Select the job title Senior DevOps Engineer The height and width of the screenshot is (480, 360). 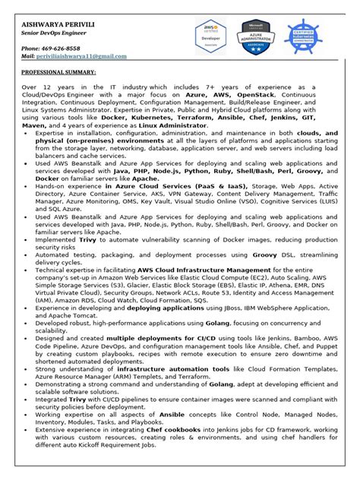coord(54,36)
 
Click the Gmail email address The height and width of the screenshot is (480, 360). coord(84,57)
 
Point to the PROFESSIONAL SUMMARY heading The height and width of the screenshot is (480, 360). coord(58,73)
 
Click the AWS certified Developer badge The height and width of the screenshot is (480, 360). coord(210,37)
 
